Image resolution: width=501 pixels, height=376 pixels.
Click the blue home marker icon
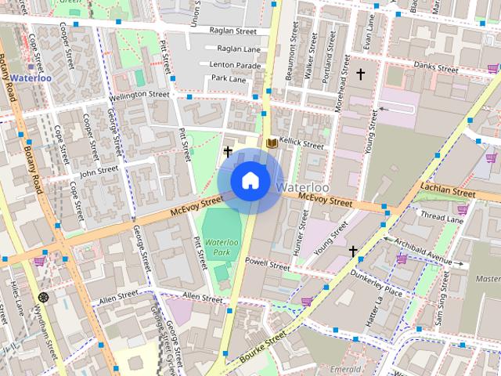tap(250, 180)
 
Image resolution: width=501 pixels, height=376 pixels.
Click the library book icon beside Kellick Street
tap(272, 143)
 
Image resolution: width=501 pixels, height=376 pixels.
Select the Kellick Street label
tap(302, 145)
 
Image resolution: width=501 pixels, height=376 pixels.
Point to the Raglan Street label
tap(233, 31)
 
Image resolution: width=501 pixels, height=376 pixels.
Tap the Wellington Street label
tap(139, 94)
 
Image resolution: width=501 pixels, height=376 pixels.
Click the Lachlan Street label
tap(448, 190)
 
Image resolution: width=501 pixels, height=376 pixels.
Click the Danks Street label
tap(436, 68)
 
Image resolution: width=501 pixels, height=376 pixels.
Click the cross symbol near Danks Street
tap(361, 74)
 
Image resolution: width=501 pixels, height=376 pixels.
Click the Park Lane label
tap(228, 79)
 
